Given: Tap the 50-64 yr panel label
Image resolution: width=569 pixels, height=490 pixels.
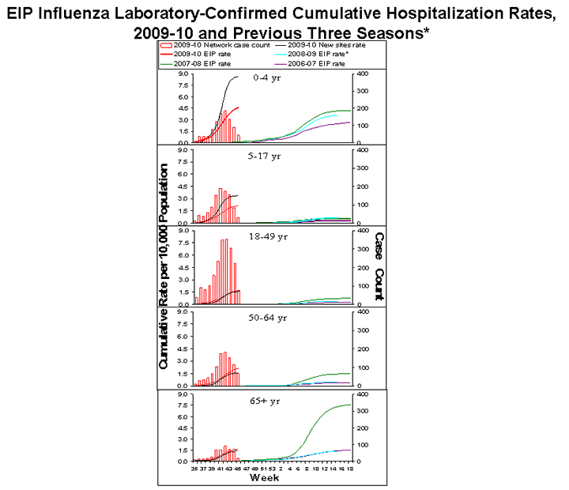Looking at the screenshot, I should [x=266, y=318].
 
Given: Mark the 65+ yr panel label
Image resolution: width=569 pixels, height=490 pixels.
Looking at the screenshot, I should [x=264, y=401].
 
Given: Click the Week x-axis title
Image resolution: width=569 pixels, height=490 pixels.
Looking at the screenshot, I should [x=263, y=478].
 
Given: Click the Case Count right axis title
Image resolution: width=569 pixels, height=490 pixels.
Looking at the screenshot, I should [x=379, y=266].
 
